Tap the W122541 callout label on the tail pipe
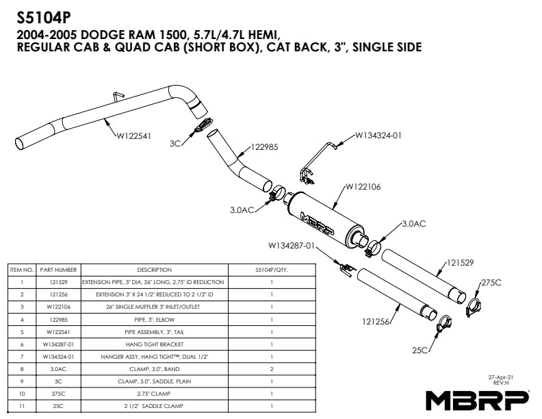tap(133, 135)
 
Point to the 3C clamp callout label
tap(175, 144)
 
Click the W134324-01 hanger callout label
tap(378, 135)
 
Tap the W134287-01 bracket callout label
tap(291, 245)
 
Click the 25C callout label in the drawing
tap(420, 350)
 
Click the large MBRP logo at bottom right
tap(476, 399)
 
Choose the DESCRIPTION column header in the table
tap(154, 270)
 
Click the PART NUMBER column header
tap(58, 270)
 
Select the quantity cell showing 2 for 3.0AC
tap(271, 369)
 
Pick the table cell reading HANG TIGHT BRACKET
tap(154, 344)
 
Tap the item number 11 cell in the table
tap(22, 406)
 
